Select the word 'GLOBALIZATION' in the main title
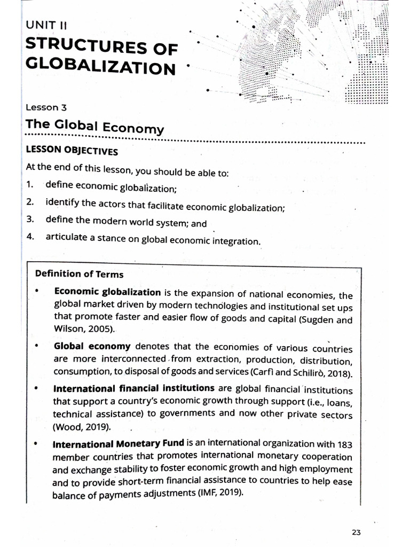100,68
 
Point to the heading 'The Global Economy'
94,127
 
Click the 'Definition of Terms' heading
79,274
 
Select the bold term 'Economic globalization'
107,292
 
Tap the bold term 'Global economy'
92,346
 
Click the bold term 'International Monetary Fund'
119,443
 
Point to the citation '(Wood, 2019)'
82,427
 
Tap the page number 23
357,532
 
